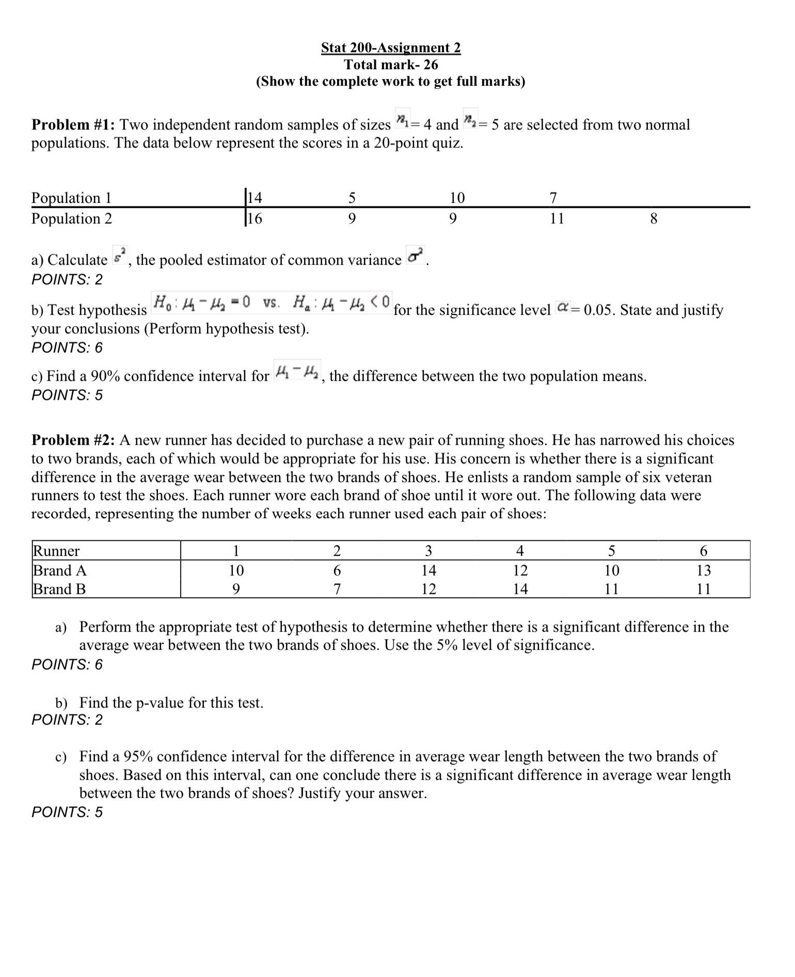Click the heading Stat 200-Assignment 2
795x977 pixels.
coord(390,47)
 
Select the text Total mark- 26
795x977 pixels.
coord(390,65)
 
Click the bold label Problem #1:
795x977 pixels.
coord(74,125)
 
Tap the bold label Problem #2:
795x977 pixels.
coord(74,440)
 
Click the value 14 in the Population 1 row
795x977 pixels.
coord(255,198)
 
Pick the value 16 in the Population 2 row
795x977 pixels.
coord(255,219)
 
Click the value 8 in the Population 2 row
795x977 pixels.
coord(653,219)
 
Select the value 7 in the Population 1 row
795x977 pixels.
coord(553,198)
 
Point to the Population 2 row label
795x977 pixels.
coord(72,219)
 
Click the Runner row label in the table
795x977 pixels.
coord(56,551)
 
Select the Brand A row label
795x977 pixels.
coord(59,570)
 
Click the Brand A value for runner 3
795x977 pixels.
coord(428,570)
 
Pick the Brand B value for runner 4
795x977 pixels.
coord(520,589)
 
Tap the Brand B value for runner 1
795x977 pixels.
coord(235,589)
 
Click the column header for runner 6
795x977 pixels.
coord(703,551)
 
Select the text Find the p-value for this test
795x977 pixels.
coord(171,703)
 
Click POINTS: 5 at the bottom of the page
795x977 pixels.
coord(67,812)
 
